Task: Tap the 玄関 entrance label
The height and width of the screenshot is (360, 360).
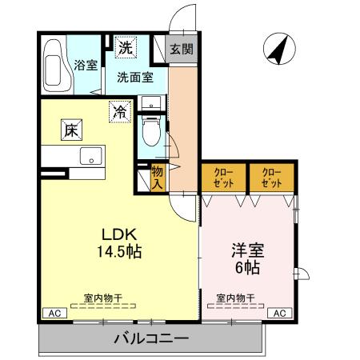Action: [x=180, y=49]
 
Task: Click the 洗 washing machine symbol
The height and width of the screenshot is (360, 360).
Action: [x=126, y=47]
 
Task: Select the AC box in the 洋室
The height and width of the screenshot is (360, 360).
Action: [x=280, y=313]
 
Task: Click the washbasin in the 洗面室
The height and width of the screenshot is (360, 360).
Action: [x=151, y=103]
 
